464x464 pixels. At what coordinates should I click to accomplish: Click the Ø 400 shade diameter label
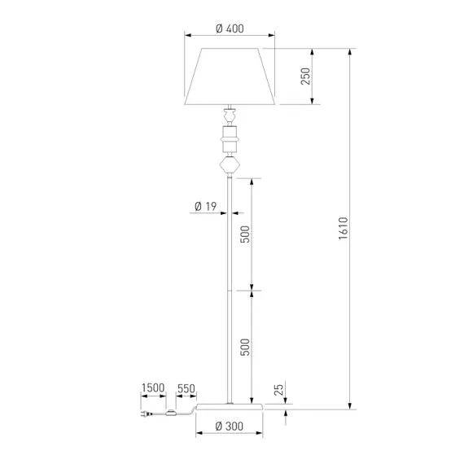click(x=230, y=28)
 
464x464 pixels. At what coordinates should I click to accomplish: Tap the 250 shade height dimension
click(x=305, y=77)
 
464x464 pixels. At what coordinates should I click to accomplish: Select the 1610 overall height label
click(x=344, y=228)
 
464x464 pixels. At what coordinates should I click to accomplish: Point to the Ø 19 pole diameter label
click(x=206, y=206)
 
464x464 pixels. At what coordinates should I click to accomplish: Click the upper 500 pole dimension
click(x=245, y=234)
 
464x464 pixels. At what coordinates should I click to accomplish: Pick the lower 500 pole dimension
click(x=245, y=347)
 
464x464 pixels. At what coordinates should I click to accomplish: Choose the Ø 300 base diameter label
click(x=230, y=427)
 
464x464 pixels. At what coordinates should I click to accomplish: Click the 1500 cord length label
click(x=153, y=387)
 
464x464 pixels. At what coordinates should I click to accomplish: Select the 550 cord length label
click(x=186, y=388)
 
